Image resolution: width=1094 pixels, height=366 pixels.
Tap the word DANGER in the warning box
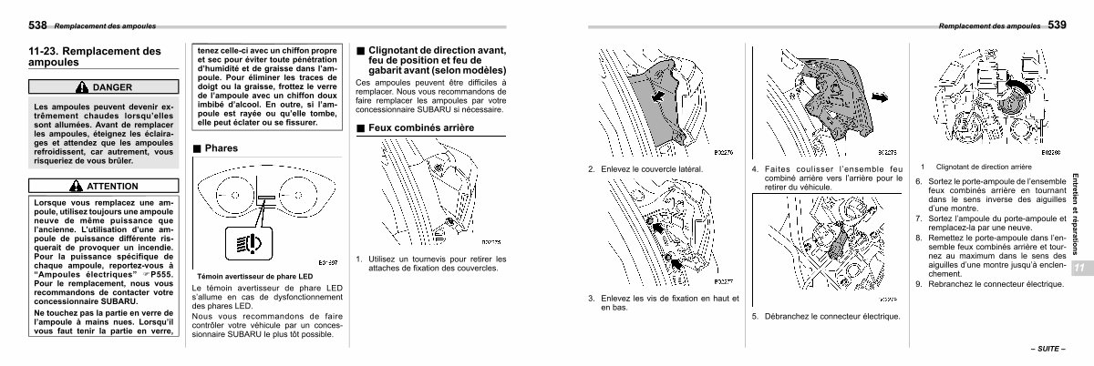112,87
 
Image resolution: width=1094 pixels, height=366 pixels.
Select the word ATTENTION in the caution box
112,186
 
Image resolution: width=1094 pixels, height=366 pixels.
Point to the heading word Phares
222,147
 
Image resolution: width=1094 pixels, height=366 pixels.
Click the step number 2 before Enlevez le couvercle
591,168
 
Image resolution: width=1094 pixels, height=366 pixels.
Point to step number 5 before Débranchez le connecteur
755,316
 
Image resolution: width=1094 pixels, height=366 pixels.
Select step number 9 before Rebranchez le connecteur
919,284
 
